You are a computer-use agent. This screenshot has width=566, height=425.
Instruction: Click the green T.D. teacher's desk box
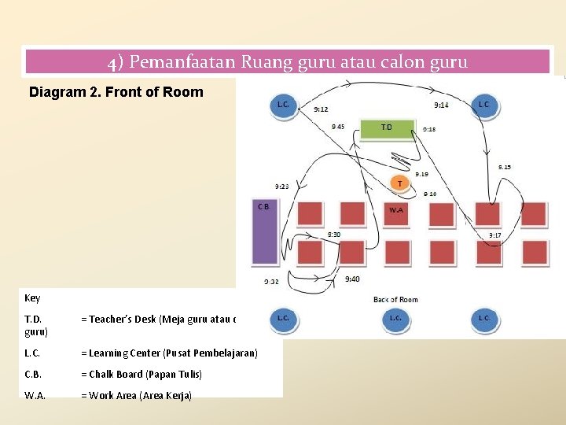pyautogui.click(x=388, y=128)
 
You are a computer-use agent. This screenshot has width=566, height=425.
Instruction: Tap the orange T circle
pyautogui.click(x=399, y=183)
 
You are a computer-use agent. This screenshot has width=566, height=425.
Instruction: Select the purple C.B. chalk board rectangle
pyautogui.click(x=264, y=232)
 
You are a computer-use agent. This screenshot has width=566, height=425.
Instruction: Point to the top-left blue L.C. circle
pyautogui.click(x=283, y=105)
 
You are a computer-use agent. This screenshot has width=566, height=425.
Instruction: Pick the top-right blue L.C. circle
pyautogui.click(x=483, y=105)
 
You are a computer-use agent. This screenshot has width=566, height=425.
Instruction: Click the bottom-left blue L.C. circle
pyautogui.click(x=283, y=318)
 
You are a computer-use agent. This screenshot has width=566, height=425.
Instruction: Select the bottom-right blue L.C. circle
pyautogui.click(x=483, y=318)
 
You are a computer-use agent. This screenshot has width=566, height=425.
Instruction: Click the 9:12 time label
pyautogui.click(x=321, y=109)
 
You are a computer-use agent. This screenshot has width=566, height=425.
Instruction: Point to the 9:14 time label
pyautogui.click(x=442, y=105)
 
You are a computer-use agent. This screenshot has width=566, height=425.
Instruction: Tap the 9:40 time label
pyautogui.click(x=353, y=279)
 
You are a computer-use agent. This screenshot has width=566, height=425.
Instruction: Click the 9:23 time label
pyautogui.click(x=281, y=187)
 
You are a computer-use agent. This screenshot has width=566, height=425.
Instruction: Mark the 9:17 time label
pyautogui.click(x=495, y=235)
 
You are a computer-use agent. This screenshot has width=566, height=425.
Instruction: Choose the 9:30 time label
pyautogui.click(x=334, y=235)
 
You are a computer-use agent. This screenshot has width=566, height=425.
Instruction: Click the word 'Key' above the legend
pyautogui.click(x=32, y=298)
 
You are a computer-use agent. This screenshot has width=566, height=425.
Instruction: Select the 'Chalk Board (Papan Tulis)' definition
pyautogui.click(x=141, y=375)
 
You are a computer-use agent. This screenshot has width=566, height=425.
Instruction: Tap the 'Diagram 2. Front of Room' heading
pyautogui.click(x=116, y=92)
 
